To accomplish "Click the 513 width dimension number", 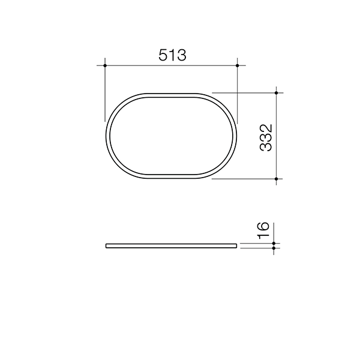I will (x=172, y=55).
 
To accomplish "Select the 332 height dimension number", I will (x=266, y=137).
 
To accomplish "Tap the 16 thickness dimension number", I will (x=262, y=230).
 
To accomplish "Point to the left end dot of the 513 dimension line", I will (x=105, y=65).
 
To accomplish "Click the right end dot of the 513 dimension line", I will (x=238, y=65).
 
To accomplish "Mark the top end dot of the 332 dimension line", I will (x=276, y=93).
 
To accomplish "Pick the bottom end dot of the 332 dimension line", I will (x=276, y=179).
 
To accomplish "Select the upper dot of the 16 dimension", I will (x=274, y=242).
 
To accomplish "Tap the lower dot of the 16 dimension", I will (x=274, y=247).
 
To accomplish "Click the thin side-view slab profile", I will (x=172, y=245).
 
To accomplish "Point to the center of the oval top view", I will (x=172, y=136).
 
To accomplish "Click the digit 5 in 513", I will (x=163, y=55).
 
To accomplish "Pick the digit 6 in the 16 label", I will (x=262, y=226).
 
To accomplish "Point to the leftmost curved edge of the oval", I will (x=106, y=136).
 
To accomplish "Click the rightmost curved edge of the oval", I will (x=237, y=136).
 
